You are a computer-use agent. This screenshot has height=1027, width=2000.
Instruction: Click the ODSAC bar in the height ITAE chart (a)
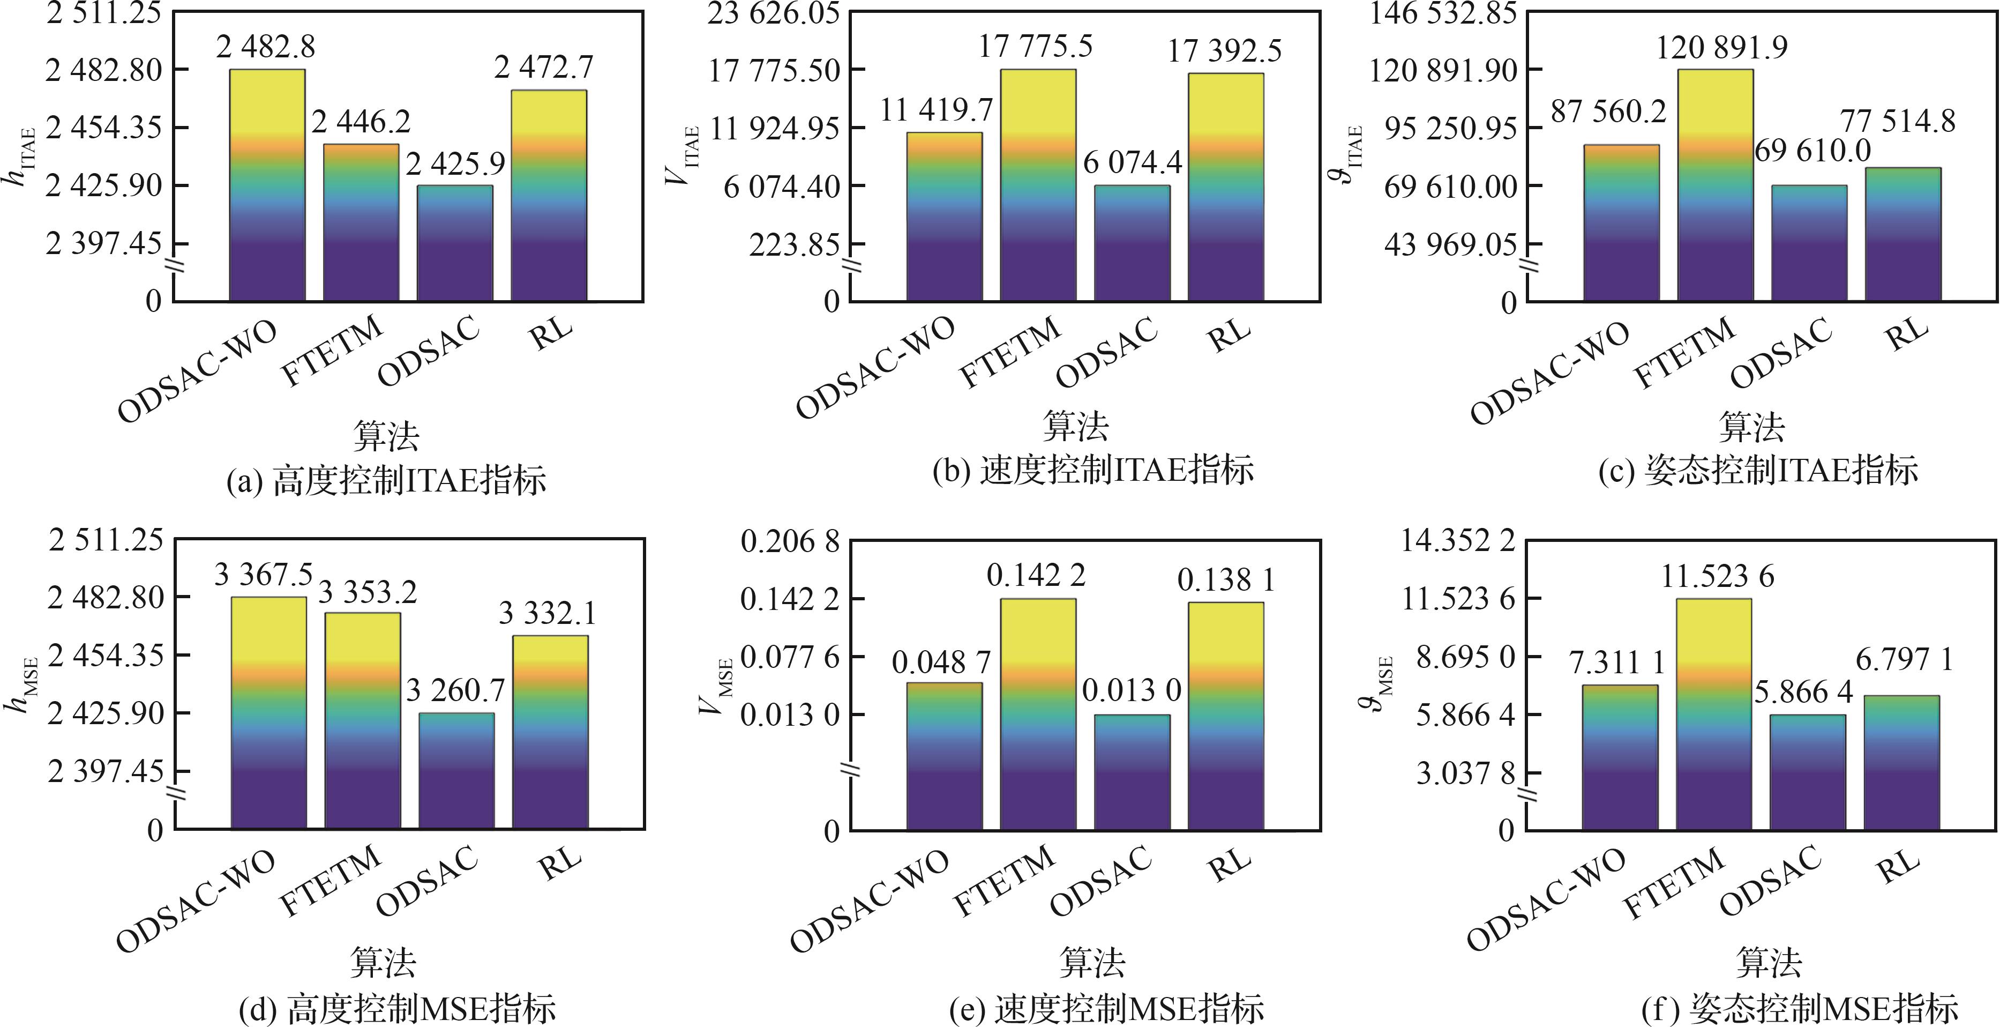(455, 242)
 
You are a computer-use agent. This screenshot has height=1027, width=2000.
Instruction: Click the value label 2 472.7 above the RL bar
(543, 68)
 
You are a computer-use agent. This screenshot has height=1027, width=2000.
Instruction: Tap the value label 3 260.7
(456, 690)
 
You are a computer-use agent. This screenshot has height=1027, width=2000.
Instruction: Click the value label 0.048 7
(941, 663)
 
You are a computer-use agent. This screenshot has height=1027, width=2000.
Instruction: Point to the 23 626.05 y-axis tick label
(773, 13)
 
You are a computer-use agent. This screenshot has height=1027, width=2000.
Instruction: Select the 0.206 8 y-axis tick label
(790, 541)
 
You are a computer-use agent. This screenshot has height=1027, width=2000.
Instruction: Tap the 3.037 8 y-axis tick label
(1464, 773)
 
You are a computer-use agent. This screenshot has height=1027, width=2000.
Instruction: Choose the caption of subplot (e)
(1106, 1008)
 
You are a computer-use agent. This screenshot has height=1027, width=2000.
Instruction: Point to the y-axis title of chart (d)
(19, 683)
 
